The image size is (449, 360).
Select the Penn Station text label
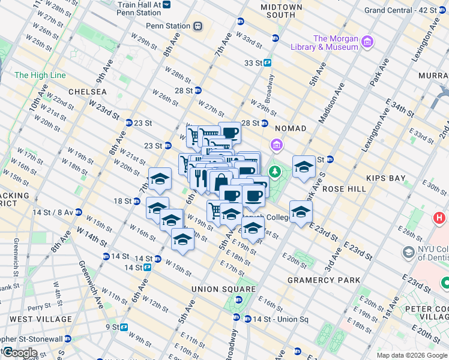(167, 26)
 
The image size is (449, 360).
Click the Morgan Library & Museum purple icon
(367, 42)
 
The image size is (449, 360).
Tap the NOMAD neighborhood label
(291, 128)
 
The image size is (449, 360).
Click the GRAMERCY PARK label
(324, 280)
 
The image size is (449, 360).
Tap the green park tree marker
(276, 172)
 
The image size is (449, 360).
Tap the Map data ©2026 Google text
(411, 355)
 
